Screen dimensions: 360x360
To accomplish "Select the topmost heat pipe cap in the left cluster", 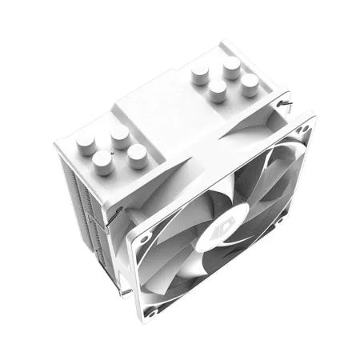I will pos(118,131).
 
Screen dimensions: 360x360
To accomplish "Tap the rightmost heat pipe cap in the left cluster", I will pos(138,151).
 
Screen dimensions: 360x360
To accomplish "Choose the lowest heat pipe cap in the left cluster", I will pos(102,163).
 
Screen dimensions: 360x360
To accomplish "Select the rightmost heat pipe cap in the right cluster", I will pos(250,82).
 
